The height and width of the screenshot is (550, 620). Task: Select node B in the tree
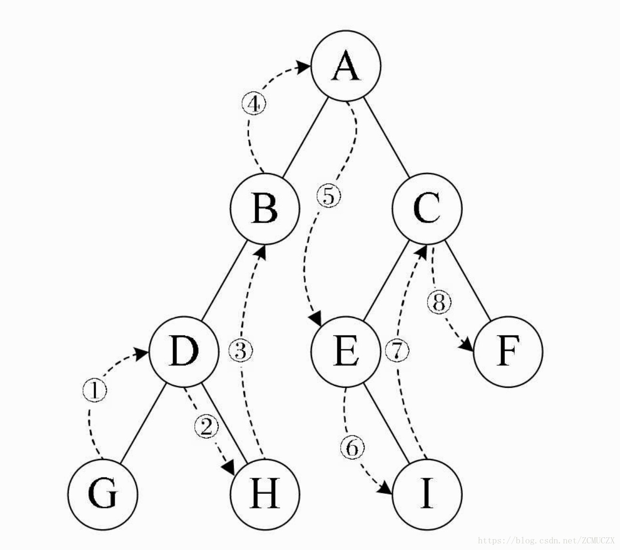[x=265, y=209]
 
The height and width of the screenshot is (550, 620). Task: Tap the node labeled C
[x=427, y=209]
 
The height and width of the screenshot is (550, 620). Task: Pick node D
[x=184, y=351]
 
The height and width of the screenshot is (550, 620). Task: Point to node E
[x=346, y=351]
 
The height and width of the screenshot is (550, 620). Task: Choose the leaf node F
[x=508, y=352]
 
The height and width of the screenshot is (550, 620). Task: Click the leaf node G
[x=103, y=494]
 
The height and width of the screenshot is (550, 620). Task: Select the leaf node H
[x=265, y=494]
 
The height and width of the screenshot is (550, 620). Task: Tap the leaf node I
[x=427, y=494]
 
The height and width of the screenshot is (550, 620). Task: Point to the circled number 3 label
[x=241, y=351]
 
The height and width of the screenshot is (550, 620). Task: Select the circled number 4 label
[x=253, y=104]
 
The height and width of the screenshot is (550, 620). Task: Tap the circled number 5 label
[x=329, y=196]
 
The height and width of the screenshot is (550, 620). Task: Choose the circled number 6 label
[x=352, y=448]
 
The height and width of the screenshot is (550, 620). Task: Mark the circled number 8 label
[x=439, y=302]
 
